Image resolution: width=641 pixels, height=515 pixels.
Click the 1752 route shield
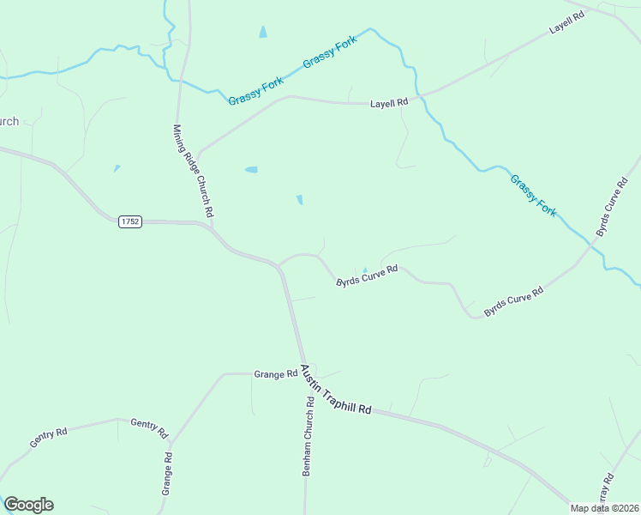[130, 221]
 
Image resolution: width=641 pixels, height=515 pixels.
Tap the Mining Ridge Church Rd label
[193, 170]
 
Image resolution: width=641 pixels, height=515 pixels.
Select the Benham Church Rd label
[306, 437]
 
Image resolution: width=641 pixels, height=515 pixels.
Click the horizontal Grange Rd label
[275, 373]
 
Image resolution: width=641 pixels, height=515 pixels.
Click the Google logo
[28, 505]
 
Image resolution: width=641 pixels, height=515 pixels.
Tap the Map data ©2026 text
[605, 508]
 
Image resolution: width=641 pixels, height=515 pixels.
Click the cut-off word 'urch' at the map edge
[9, 121]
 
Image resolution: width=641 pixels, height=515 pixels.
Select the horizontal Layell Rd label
[389, 103]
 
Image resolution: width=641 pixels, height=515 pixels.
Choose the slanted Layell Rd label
[567, 22]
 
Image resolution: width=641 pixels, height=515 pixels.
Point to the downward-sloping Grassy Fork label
[533, 195]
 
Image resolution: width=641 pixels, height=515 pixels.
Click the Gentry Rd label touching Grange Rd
[149, 427]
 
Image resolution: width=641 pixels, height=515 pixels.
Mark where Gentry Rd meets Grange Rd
[171, 443]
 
